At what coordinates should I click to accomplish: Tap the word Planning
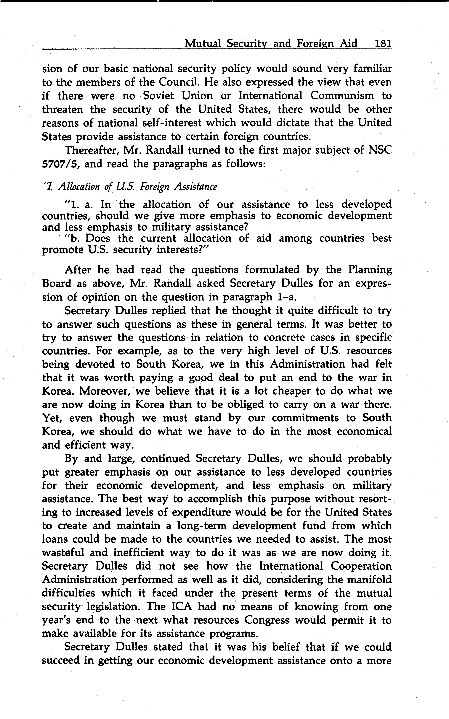pyautogui.click(x=370, y=270)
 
